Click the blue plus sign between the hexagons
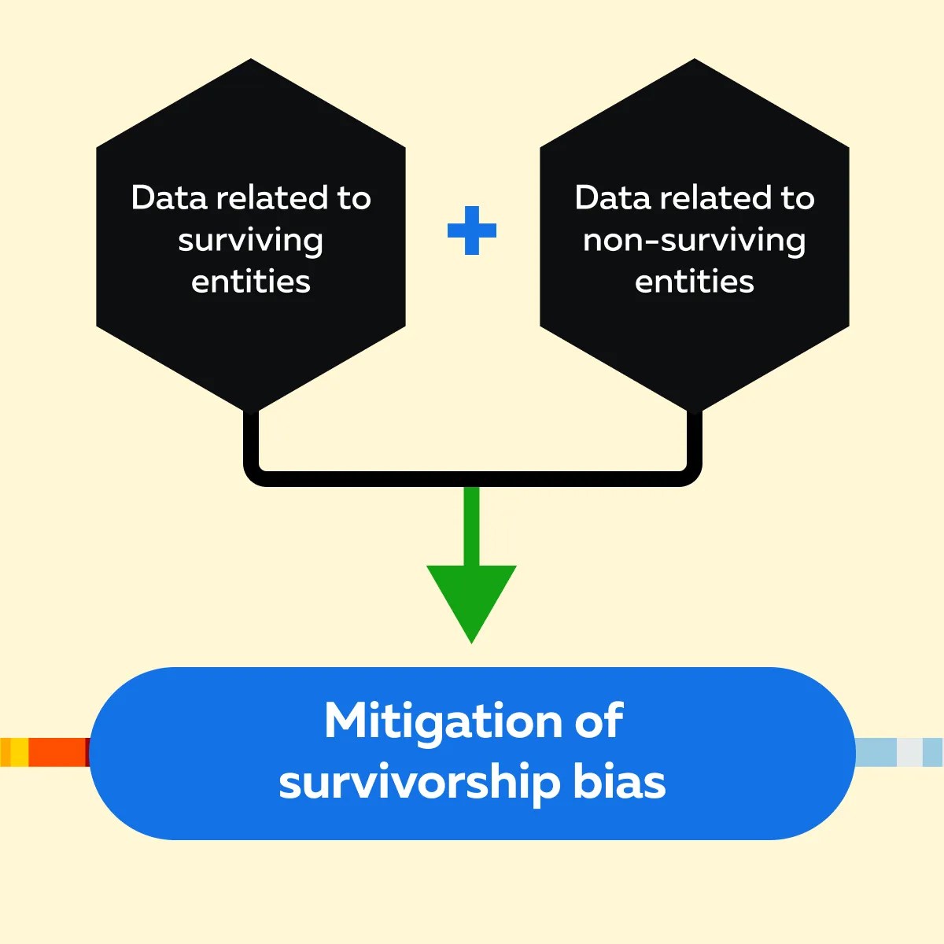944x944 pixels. (x=472, y=230)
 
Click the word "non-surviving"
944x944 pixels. (x=694, y=241)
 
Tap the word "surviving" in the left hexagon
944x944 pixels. (x=250, y=241)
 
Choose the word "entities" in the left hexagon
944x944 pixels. (x=250, y=282)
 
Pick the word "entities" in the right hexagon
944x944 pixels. (x=694, y=282)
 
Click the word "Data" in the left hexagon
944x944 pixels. (x=168, y=197)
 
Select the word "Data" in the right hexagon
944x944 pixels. (x=612, y=197)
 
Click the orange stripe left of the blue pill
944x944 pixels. (x=58, y=752)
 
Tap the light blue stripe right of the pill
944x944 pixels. (x=876, y=752)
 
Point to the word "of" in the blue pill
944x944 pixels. (x=599, y=721)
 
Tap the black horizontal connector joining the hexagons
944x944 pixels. (x=472, y=478)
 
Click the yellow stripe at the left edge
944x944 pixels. (x=17, y=752)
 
